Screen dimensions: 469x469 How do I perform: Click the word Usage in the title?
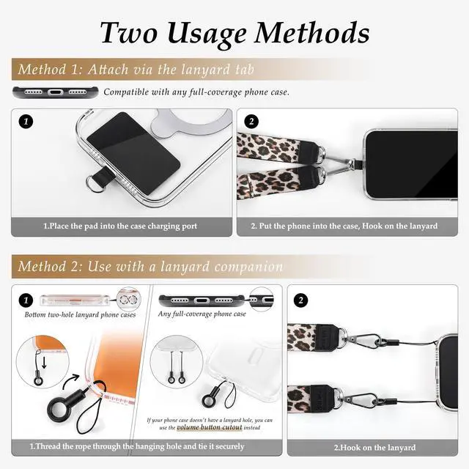point(207,34)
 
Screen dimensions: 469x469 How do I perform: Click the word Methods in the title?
point(311,32)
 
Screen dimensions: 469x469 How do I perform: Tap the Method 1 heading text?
point(136,70)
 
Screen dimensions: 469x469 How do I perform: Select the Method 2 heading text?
point(150,266)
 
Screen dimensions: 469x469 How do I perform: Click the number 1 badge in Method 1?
point(26,122)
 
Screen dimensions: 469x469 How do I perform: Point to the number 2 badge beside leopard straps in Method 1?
point(251,122)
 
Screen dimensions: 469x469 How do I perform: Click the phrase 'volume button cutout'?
point(210,427)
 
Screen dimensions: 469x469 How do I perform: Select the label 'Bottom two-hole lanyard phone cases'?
point(80,314)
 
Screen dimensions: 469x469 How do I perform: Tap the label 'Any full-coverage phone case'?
point(202,314)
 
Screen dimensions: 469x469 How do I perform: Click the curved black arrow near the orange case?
point(70,381)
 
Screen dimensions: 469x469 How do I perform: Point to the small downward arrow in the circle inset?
point(44,363)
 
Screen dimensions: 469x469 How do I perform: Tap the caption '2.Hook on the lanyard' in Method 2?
point(374,448)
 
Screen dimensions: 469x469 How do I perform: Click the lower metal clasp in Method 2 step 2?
point(361,399)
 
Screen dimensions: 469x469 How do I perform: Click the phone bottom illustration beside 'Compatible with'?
point(56,92)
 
